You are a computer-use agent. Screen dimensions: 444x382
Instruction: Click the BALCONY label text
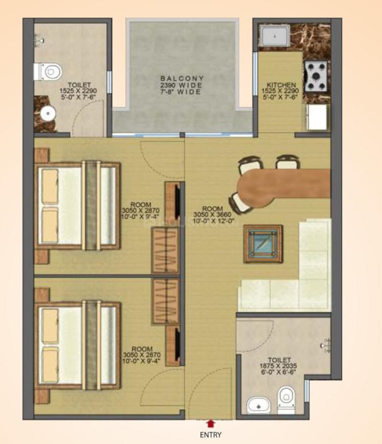point(179,79)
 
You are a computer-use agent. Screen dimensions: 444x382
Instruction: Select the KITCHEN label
point(281,85)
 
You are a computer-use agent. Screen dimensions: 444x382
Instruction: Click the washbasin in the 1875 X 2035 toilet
point(259,404)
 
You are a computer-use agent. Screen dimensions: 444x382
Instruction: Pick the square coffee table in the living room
point(263,244)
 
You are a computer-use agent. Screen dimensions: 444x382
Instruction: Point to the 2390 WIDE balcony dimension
point(179,86)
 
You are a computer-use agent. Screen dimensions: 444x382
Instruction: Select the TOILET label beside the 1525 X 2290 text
point(79,85)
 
